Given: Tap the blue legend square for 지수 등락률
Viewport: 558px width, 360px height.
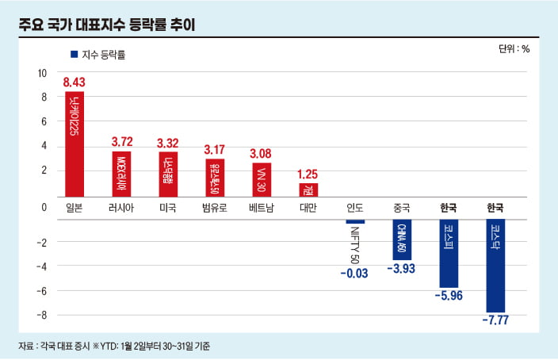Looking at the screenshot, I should pyautogui.click(x=74, y=55).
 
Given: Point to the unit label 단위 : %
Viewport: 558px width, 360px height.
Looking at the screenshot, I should pyautogui.click(x=514, y=49).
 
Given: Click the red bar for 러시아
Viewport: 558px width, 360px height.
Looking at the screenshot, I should pyautogui.click(x=122, y=174).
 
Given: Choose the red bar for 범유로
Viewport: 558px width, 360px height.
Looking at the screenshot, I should pyautogui.click(x=214, y=178).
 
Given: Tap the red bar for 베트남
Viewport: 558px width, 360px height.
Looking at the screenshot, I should pyautogui.click(x=261, y=179).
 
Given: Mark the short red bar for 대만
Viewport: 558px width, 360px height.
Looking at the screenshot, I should pyautogui.click(x=308, y=190).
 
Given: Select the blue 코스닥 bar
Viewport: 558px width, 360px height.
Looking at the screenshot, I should pyautogui.click(x=495, y=266).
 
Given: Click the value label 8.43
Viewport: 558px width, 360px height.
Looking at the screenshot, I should pyautogui.click(x=74, y=82).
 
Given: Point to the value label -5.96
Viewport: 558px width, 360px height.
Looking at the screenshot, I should pyautogui.click(x=449, y=297).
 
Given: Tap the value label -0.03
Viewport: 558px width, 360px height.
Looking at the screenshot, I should pyautogui.click(x=354, y=274).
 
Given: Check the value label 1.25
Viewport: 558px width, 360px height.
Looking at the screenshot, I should pyautogui.click(x=308, y=174).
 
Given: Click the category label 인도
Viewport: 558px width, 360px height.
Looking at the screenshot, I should pyautogui.click(x=354, y=208).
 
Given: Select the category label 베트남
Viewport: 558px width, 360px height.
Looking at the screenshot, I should pyautogui.click(x=261, y=208).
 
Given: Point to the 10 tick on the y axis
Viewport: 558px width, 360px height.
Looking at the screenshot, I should pyautogui.click(x=42, y=73).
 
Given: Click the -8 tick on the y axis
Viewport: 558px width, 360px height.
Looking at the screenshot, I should pyautogui.click(x=42, y=315).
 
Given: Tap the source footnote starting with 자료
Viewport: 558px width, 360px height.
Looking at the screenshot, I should pyautogui.click(x=115, y=347).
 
